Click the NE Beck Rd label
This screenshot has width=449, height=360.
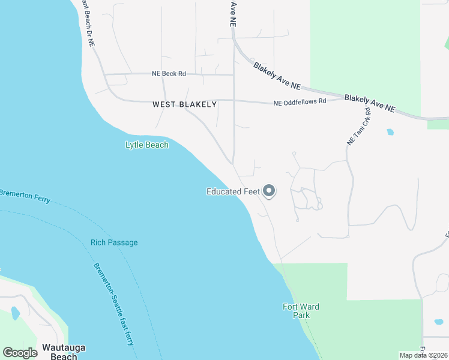click(169, 74)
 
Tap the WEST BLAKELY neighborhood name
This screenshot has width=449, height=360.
click(184, 104)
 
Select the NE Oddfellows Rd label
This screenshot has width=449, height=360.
click(300, 102)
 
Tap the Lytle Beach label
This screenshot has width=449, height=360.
click(147, 145)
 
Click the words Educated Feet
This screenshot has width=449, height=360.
click(232, 192)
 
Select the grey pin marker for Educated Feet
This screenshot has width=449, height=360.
click(270, 191)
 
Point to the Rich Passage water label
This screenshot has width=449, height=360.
click(114, 242)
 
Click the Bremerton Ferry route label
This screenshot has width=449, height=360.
click(24, 196)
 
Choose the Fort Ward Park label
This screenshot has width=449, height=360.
click(301, 311)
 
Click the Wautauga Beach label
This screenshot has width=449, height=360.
click(59, 352)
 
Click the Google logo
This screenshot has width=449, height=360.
click(20, 353)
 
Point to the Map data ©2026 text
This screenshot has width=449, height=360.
click(423, 355)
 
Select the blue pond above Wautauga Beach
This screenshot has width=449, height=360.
click(15, 314)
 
